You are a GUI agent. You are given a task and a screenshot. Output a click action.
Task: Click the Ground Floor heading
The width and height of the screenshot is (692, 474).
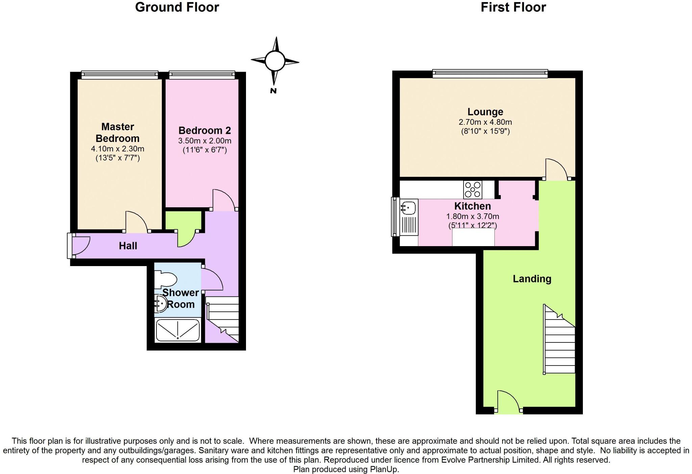(x=177, y=7)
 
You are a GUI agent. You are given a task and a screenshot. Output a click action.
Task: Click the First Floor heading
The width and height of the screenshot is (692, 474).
(x=513, y=7)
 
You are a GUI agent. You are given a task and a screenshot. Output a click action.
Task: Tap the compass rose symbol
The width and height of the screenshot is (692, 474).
(x=275, y=62)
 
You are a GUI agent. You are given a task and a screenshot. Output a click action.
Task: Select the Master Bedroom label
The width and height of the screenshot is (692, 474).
(x=118, y=133)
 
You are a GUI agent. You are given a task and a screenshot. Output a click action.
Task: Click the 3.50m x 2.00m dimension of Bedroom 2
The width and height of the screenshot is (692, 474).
(x=205, y=141)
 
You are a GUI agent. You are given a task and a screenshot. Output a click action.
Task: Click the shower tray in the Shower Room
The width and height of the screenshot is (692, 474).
(x=178, y=330)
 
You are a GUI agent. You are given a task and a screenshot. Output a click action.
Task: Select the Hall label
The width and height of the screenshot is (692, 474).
(x=128, y=246)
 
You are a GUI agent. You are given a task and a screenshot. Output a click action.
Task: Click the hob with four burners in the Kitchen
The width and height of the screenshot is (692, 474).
(x=473, y=190)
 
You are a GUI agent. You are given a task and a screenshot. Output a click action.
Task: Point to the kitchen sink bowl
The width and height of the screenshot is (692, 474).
(x=409, y=207)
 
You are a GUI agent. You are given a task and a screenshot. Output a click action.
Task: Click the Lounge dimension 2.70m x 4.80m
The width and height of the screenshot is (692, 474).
(x=485, y=122)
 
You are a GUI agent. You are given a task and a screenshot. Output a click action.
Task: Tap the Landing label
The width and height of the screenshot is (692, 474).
(x=532, y=279)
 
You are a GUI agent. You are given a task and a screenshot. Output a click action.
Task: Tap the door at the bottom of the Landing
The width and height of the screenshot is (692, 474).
(x=508, y=402)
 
